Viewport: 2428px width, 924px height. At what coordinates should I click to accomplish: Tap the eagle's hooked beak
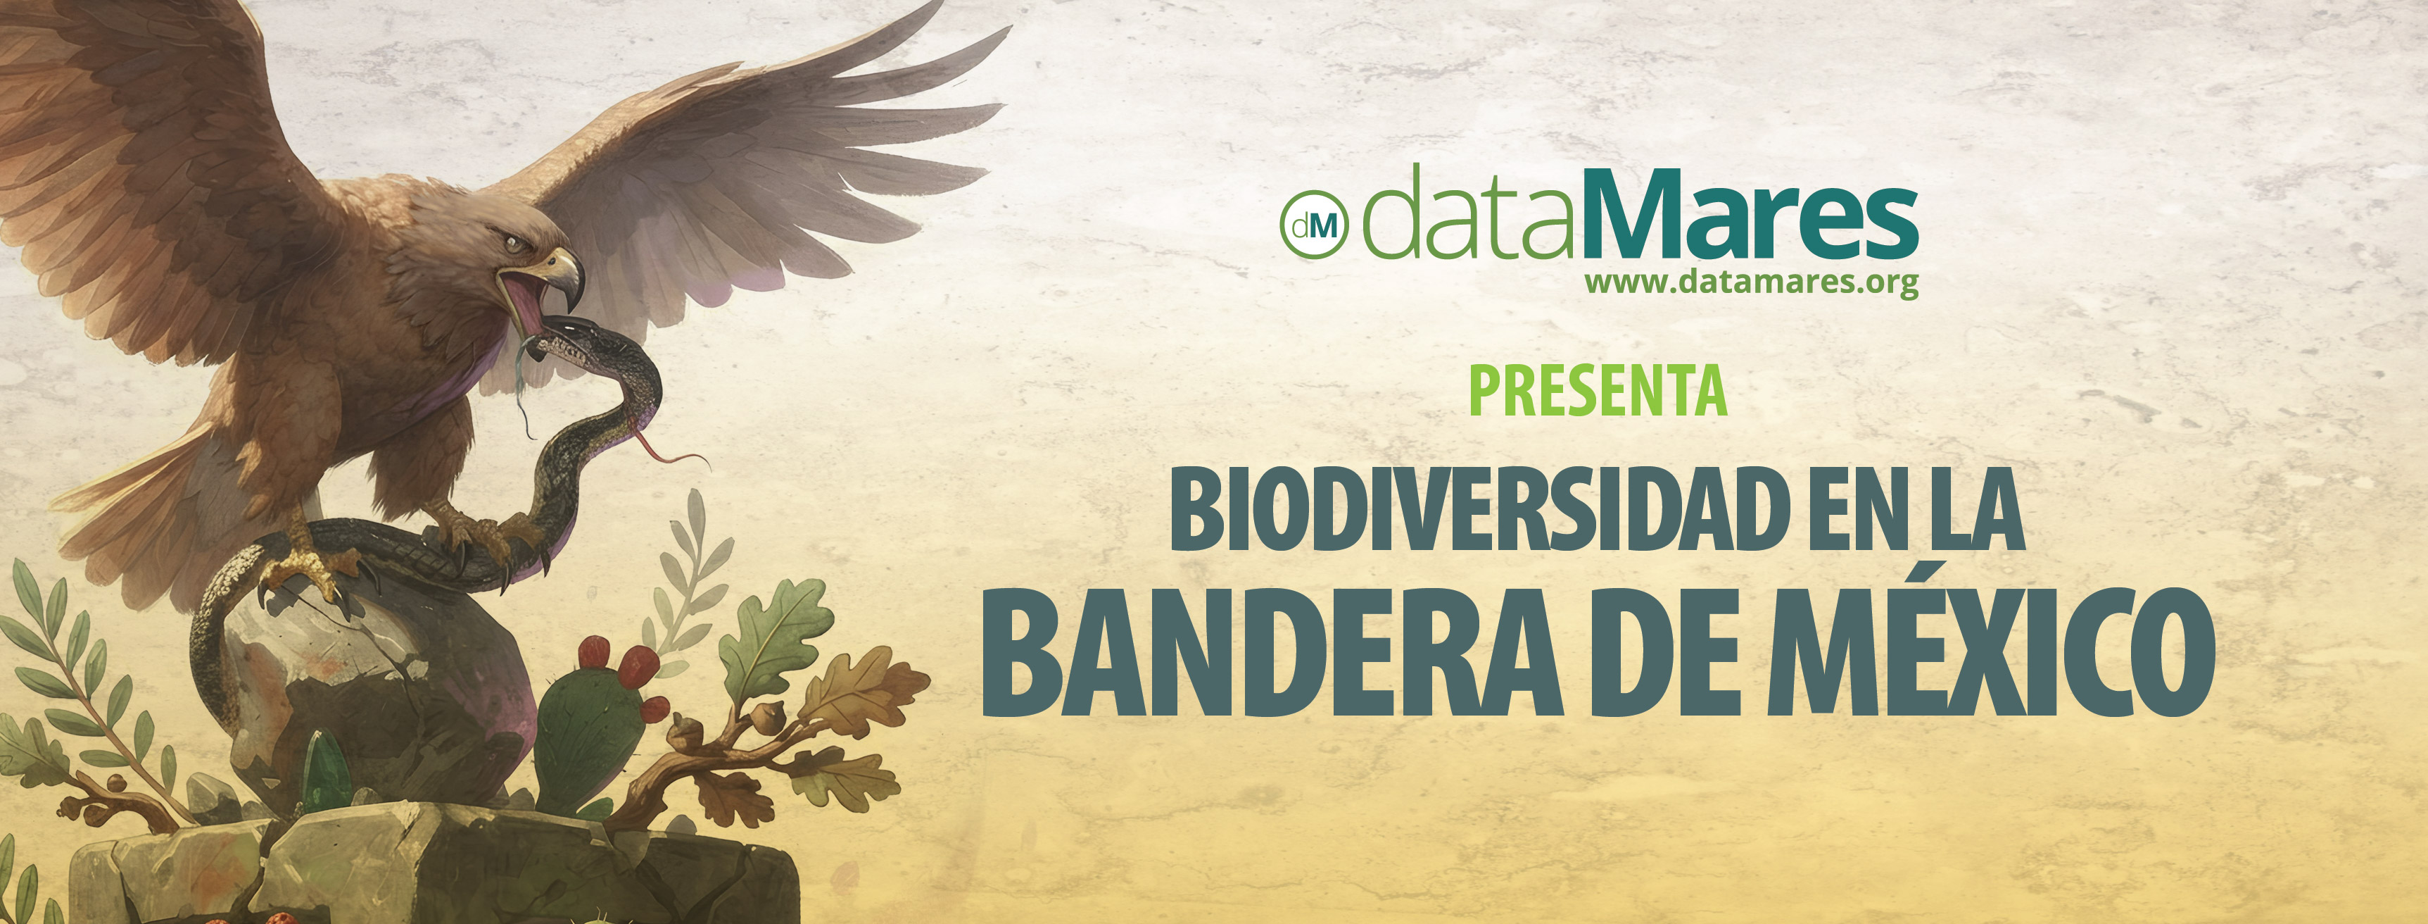pyautogui.click(x=562, y=273)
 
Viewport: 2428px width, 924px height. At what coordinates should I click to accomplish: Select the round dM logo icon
pyautogui.click(x=1314, y=225)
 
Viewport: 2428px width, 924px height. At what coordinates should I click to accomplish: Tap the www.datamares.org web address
pyautogui.click(x=1751, y=282)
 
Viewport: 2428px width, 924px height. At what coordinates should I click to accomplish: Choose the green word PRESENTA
pyautogui.click(x=1598, y=392)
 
